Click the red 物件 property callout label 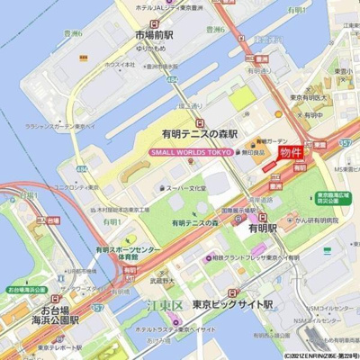(x=292, y=152)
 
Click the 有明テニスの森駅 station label (x=199, y=132)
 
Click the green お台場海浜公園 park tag (x=26, y=291)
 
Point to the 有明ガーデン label (x=270, y=141)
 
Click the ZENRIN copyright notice (x=320, y=355)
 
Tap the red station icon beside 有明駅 (x=263, y=217)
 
